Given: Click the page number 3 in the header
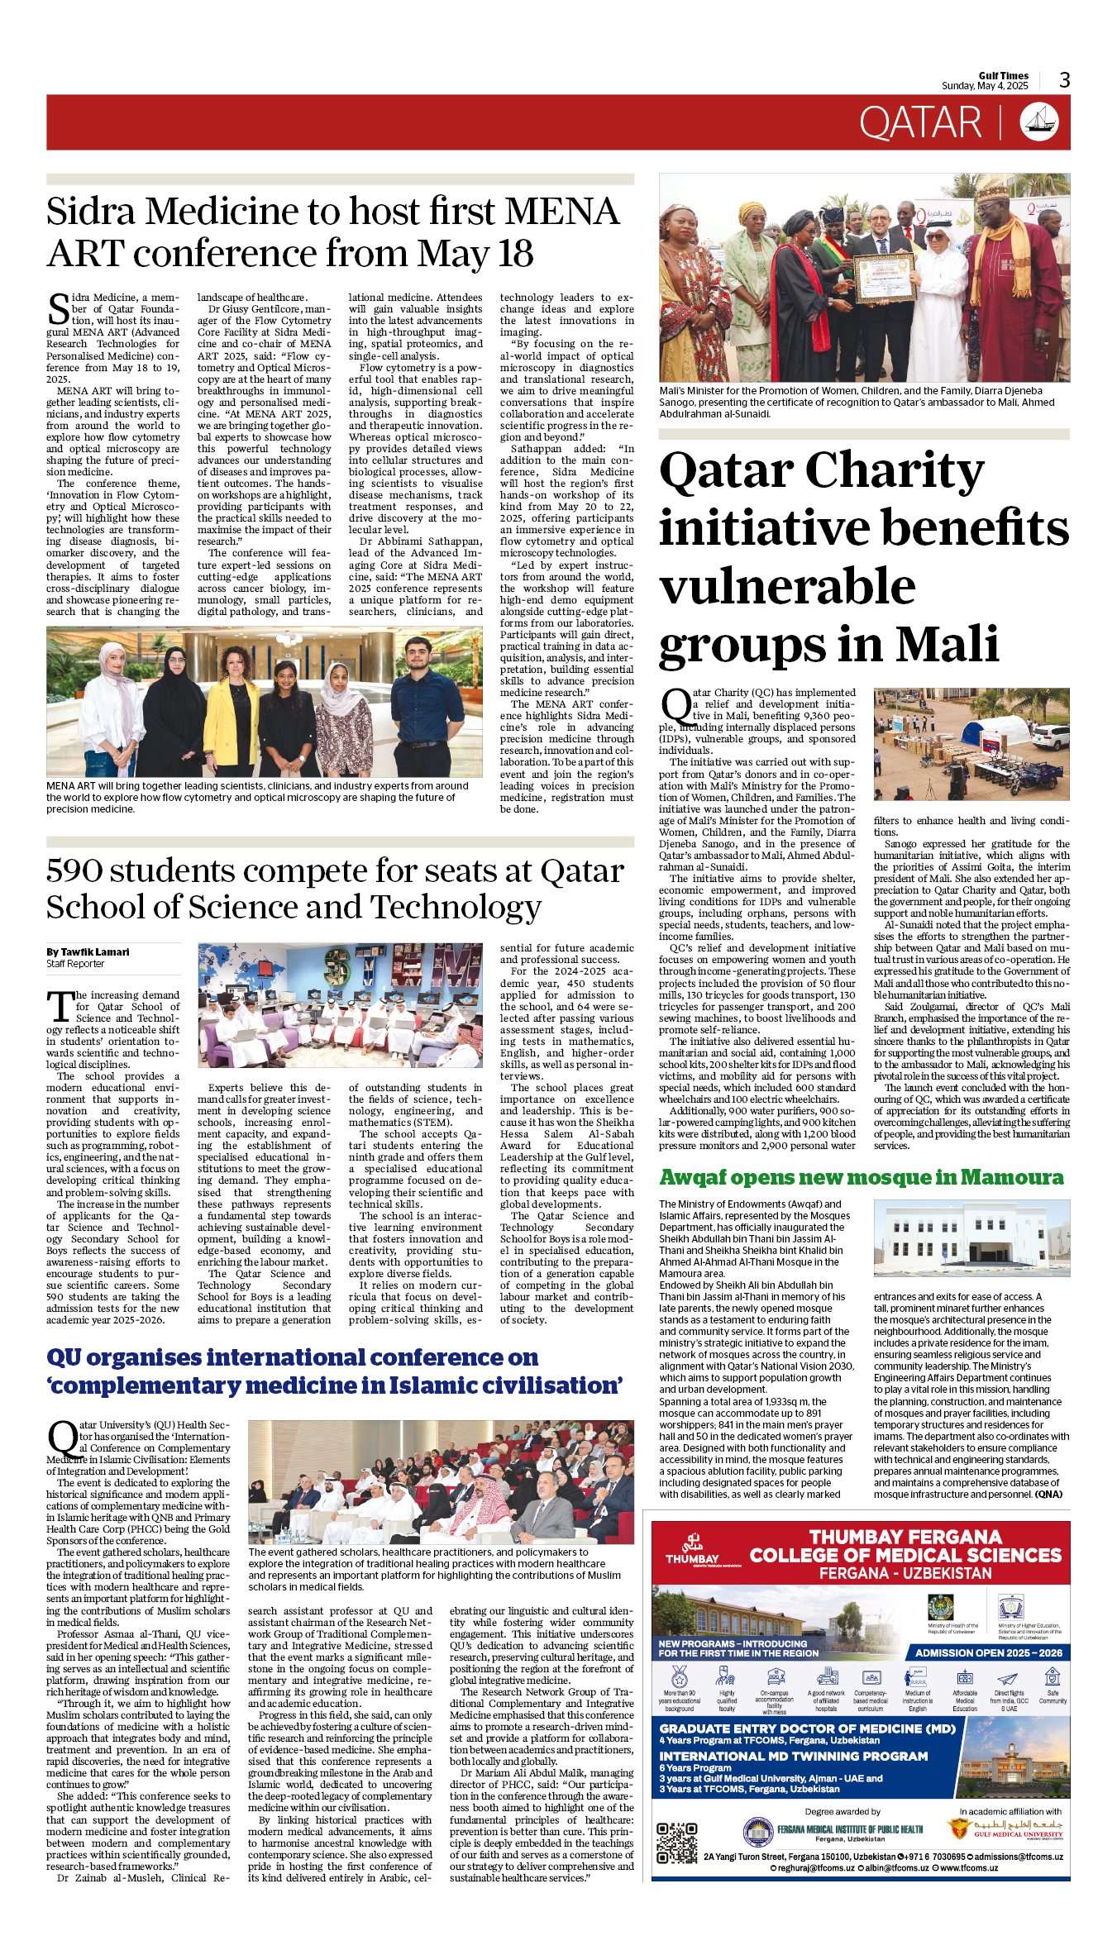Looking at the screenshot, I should (1064, 80).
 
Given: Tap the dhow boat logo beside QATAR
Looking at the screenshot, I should (1039, 122).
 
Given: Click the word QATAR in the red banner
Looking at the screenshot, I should (920, 123).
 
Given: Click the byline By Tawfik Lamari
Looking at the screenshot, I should (88, 951).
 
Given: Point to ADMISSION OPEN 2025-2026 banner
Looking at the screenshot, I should (988, 1652).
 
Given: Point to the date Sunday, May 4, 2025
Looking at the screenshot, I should (985, 86).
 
